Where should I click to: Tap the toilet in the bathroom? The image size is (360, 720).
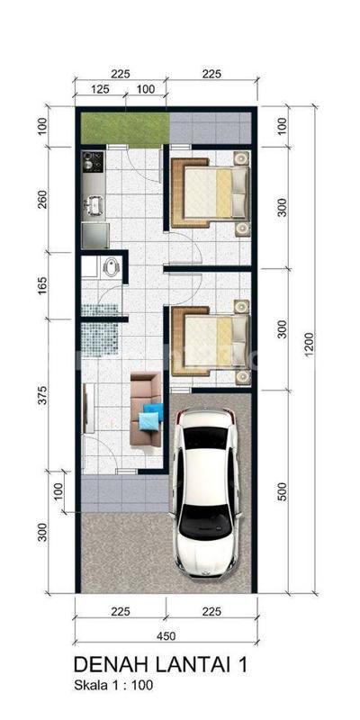(x=112, y=266)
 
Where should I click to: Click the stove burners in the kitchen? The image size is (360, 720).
(x=94, y=162)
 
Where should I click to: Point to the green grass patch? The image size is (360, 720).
(x=125, y=128)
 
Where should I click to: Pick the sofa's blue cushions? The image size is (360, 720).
(x=150, y=416)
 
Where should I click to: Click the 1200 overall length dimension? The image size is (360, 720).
(x=308, y=350)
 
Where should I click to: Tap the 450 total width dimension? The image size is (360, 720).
(x=166, y=636)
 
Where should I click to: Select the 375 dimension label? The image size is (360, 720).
(x=42, y=397)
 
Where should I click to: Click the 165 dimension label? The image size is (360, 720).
(x=42, y=284)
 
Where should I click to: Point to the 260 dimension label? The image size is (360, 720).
(x=42, y=198)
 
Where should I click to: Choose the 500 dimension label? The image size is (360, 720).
(x=282, y=491)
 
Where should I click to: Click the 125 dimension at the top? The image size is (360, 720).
(x=100, y=88)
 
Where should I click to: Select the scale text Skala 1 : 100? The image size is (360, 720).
(x=113, y=686)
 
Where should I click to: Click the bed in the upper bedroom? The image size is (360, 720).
(x=211, y=193)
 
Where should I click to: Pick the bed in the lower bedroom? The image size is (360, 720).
(x=211, y=341)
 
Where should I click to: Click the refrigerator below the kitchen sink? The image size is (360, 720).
(x=95, y=235)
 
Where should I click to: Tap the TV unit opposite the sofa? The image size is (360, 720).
(x=88, y=409)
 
